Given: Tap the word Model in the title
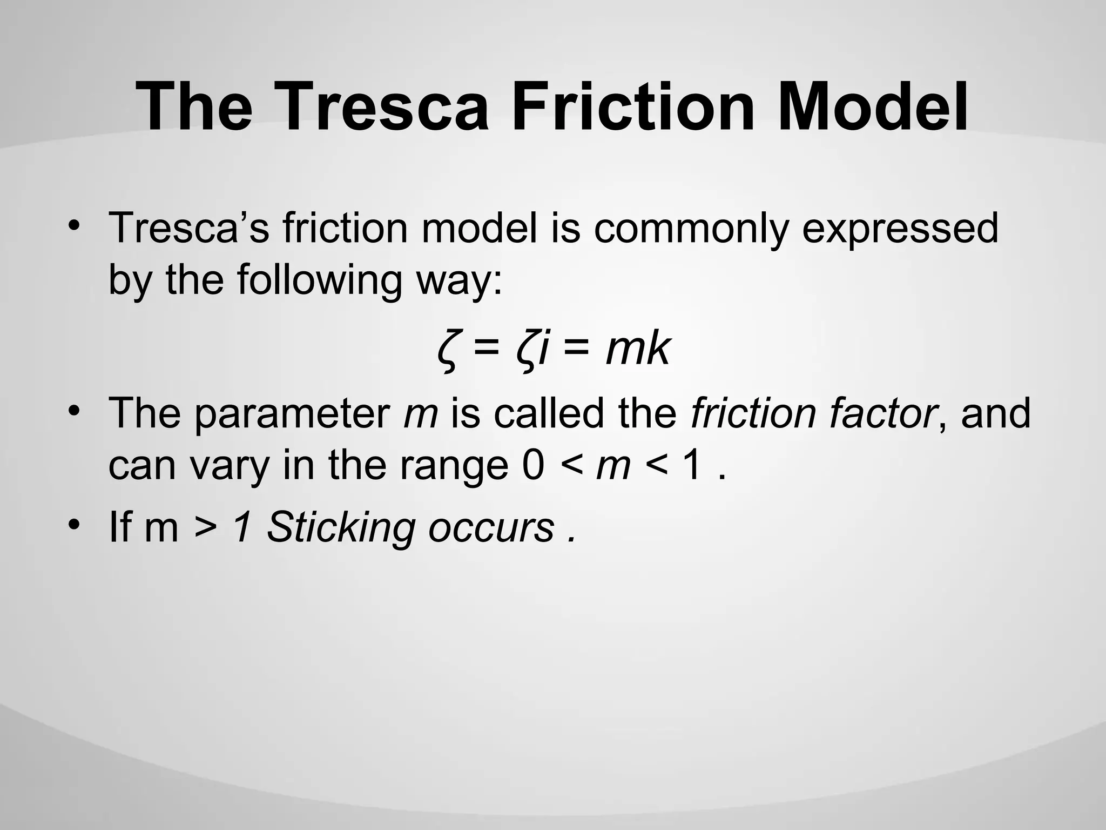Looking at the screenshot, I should coord(872,106).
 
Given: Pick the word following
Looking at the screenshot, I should coord(319,281).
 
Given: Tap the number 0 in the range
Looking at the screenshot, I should coord(533,466).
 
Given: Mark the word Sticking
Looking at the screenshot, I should coord(341,527).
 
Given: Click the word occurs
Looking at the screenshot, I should coord(491,528).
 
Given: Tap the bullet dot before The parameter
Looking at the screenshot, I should coord(74,409).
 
